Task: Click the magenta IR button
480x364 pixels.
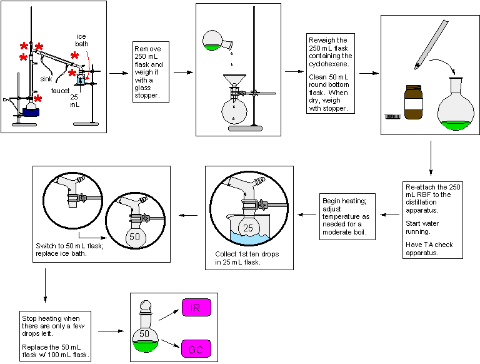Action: [x=196, y=307]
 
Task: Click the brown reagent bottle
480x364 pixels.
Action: [x=413, y=103]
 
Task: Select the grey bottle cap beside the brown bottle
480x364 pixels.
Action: [x=392, y=116]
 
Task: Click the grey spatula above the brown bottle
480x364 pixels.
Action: [x=432, y=43]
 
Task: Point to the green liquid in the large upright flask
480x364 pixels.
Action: [x=456, y=124]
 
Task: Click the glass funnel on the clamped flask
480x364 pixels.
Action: [x=234, y=81]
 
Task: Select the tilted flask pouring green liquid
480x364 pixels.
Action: [x=214, y=41]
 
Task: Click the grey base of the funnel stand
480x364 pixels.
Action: [x=245, y=128]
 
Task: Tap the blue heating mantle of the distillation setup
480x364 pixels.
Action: [x=31, y=113]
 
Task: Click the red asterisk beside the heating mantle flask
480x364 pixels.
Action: [x=38, y=99]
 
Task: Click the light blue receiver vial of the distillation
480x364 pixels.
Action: [x=81, y=79]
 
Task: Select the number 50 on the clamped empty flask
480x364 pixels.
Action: [x=134, y=237]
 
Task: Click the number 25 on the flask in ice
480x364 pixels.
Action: [x=248, y=228]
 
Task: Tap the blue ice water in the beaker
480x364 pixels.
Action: [x=250, y=239]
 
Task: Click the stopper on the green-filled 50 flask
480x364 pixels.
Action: [x=145, y=306]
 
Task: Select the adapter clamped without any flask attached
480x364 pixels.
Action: [x=72, y=191]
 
